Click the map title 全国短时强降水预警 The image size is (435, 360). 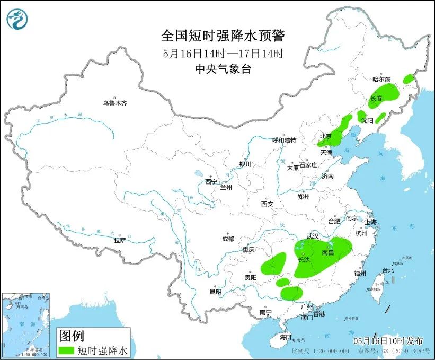point(223,36)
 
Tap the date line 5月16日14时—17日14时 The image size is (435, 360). point(223,53)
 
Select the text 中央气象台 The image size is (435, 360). point(223,69)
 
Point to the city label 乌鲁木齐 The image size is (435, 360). point(115,103)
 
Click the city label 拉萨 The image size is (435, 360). point(120,240)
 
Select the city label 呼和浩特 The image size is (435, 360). point(284,140)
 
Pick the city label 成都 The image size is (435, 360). point(228,239)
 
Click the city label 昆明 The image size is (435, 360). point(215,291)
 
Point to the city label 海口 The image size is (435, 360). point(286,337)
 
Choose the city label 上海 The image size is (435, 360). point(370,222)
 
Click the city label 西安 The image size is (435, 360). point(267,204)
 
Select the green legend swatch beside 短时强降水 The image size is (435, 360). point(66,350)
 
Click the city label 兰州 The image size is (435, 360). point(226,187)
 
